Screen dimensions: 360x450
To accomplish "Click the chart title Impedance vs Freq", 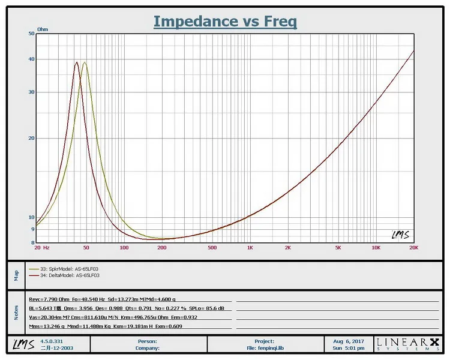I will click(x=225, y=22).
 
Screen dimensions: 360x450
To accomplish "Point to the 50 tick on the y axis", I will click(x=31, y=34).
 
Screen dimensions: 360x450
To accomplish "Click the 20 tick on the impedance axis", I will click(x=31, y=138).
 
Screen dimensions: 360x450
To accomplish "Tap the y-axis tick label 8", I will click(x=32, y=242).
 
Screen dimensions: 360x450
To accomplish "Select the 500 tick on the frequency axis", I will click(x=211, y=247).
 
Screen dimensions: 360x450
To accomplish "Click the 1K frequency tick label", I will click(x=250, y=247).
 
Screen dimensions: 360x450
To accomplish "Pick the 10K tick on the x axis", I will click(x=376, y=247).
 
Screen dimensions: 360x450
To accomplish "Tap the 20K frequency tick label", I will click(x=413, y=247).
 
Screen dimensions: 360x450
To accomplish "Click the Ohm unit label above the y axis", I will click(x=43, y=29).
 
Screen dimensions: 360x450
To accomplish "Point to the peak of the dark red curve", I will click(x=77, y=62).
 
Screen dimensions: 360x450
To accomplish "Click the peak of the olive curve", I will click(x=85, y=62).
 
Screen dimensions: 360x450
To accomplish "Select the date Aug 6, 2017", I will click(x=348, y=341).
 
